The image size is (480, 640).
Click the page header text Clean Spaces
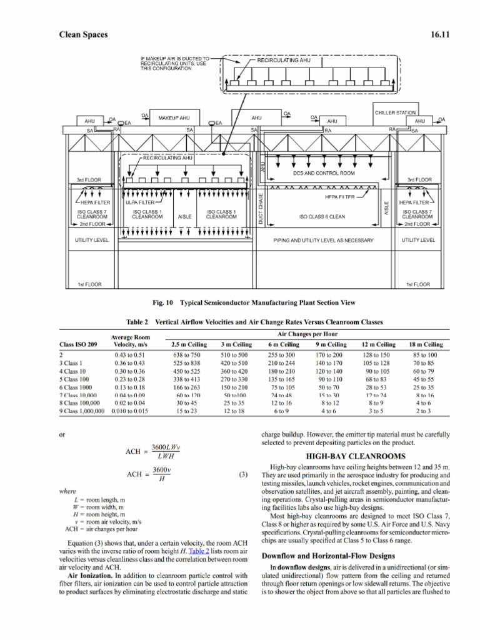[83, 34]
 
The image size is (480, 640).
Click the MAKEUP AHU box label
[174, 117]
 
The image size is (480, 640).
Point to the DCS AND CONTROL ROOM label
[324, 173]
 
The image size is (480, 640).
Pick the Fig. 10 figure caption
[254, 302]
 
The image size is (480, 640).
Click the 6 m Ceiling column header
[282, 344]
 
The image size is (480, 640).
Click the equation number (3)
[244, 474]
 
